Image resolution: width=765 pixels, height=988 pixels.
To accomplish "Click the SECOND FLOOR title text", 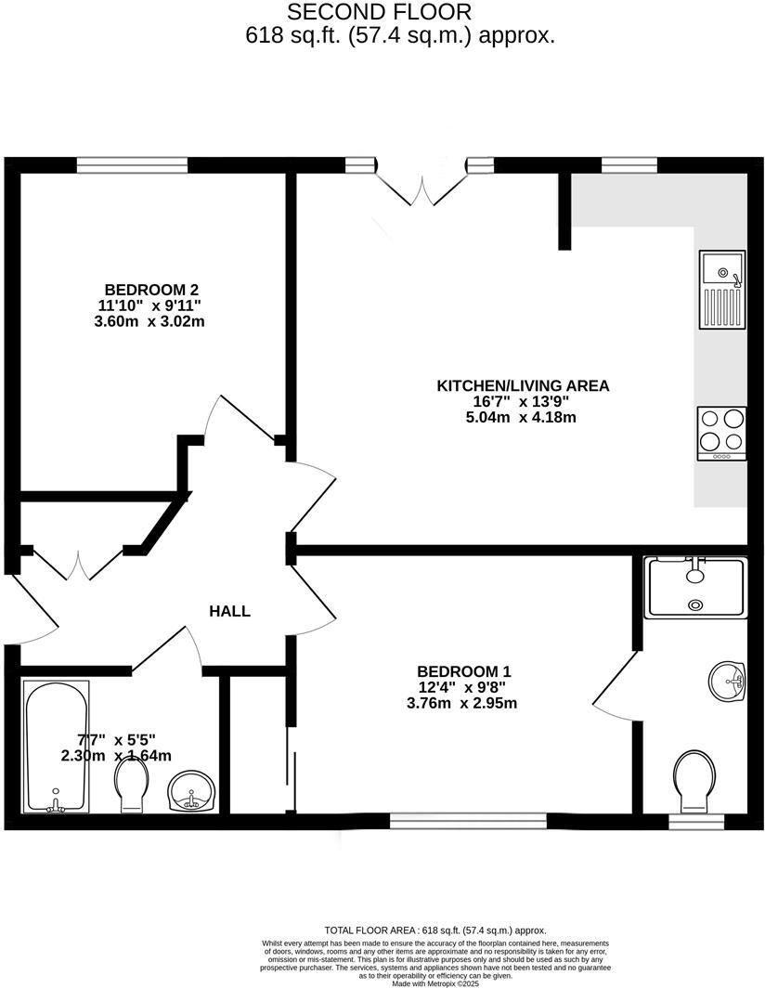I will click(379, 12).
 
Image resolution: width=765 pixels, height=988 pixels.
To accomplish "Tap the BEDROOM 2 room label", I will click(151, 290).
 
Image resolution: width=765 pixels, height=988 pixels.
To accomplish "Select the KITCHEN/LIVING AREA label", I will click(523, 385).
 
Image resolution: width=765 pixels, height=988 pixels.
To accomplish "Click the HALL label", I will click(229, 611).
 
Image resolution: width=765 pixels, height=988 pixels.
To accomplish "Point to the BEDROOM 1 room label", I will click(464, 671).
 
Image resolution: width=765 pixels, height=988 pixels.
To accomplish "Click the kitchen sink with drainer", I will click(721, 290).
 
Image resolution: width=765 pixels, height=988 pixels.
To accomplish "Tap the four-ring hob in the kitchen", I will click(721, 432).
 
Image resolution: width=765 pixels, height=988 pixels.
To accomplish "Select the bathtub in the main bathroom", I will click(57, 746).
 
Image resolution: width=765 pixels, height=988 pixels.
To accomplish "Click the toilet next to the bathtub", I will click(134, 792).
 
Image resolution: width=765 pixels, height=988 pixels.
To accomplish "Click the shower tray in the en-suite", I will click(695, 587).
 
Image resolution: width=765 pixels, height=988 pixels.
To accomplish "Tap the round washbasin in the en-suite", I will click(727, 682).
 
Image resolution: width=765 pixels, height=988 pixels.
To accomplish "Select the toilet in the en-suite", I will click(694, 779).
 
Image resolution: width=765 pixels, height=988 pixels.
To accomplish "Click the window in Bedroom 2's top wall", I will click(132, 165).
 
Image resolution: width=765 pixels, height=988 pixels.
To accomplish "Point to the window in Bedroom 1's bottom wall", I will click(468, 821).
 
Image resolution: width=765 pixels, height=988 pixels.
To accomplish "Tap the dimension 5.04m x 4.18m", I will click(521, 417).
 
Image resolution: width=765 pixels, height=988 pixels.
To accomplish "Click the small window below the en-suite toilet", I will click(696, 821).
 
